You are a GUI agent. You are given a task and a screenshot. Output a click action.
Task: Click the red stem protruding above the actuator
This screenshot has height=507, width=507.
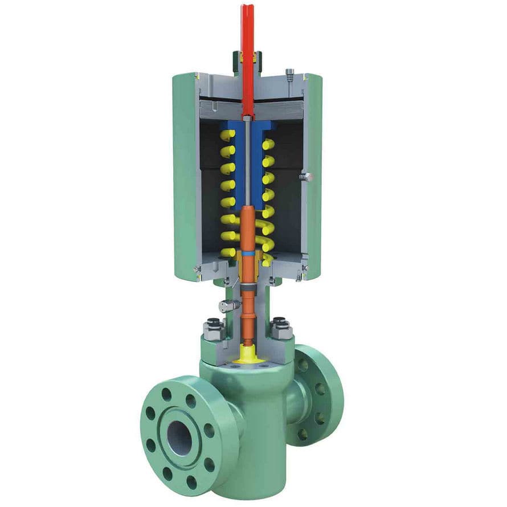coord(247,34)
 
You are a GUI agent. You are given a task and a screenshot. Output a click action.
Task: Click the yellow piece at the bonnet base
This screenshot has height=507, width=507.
coord(248,354)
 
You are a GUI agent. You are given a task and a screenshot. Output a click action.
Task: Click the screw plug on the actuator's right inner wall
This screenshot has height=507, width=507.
coord(306,177)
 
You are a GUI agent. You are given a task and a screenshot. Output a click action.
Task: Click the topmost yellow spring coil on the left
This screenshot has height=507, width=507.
coord(227,136)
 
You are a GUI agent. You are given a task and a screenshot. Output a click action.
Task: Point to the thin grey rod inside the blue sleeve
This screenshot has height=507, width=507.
coord(248,165)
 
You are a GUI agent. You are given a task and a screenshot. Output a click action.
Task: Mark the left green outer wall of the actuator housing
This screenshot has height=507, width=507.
coord(183,177)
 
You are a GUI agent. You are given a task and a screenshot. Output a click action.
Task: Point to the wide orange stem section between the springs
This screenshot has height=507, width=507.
coord(248,228)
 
